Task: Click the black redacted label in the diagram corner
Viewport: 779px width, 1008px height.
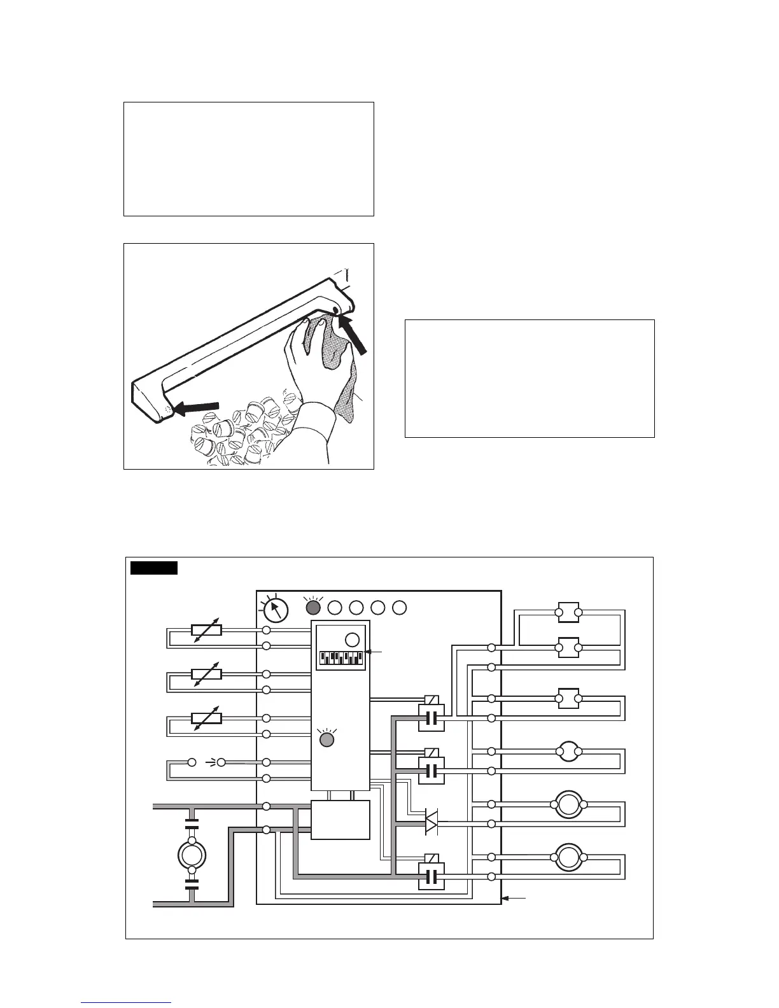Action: click(x=153, y=568)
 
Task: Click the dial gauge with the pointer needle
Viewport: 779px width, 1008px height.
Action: click(x=274, y=610)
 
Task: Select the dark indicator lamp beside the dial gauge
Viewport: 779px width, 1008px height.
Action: click(x=313, y=607)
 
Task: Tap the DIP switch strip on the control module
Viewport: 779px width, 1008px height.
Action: click(x=340, y=656)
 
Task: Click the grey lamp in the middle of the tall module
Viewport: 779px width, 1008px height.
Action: click(x=326, y=739)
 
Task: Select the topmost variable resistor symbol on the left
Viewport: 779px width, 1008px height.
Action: click(x=206, y=630)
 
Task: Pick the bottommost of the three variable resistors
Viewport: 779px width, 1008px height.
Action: click(x=206, y=718)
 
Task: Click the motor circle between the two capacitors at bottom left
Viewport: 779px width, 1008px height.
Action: click(x=191, y=853)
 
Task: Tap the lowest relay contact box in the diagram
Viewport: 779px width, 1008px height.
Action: click(x=431, y=876)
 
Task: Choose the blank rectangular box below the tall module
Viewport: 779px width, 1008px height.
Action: click(x=340, y=820)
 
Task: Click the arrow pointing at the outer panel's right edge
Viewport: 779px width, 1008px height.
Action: click(x=515, y=898)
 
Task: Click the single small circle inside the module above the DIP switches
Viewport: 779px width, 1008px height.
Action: click(x=352, y=640)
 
